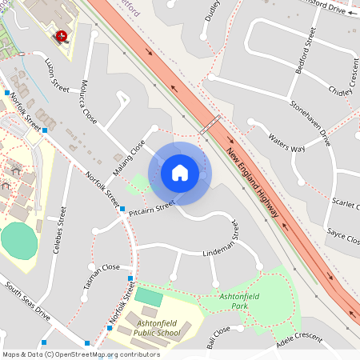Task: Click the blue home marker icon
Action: pyautogui.click(x=180, y=173)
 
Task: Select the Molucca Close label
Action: pyautogui.click(x=88, y=106)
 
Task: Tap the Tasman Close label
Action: pyautogui.click(x=101, y=267)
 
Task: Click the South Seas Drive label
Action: pyautogui.click(x=26, y=300)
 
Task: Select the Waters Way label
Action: pyautogui.click(x=286, y=143)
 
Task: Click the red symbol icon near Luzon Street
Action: pyautogui.click(x=60, y=35)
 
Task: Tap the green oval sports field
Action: pyautogui.click(x=19, y=241)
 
